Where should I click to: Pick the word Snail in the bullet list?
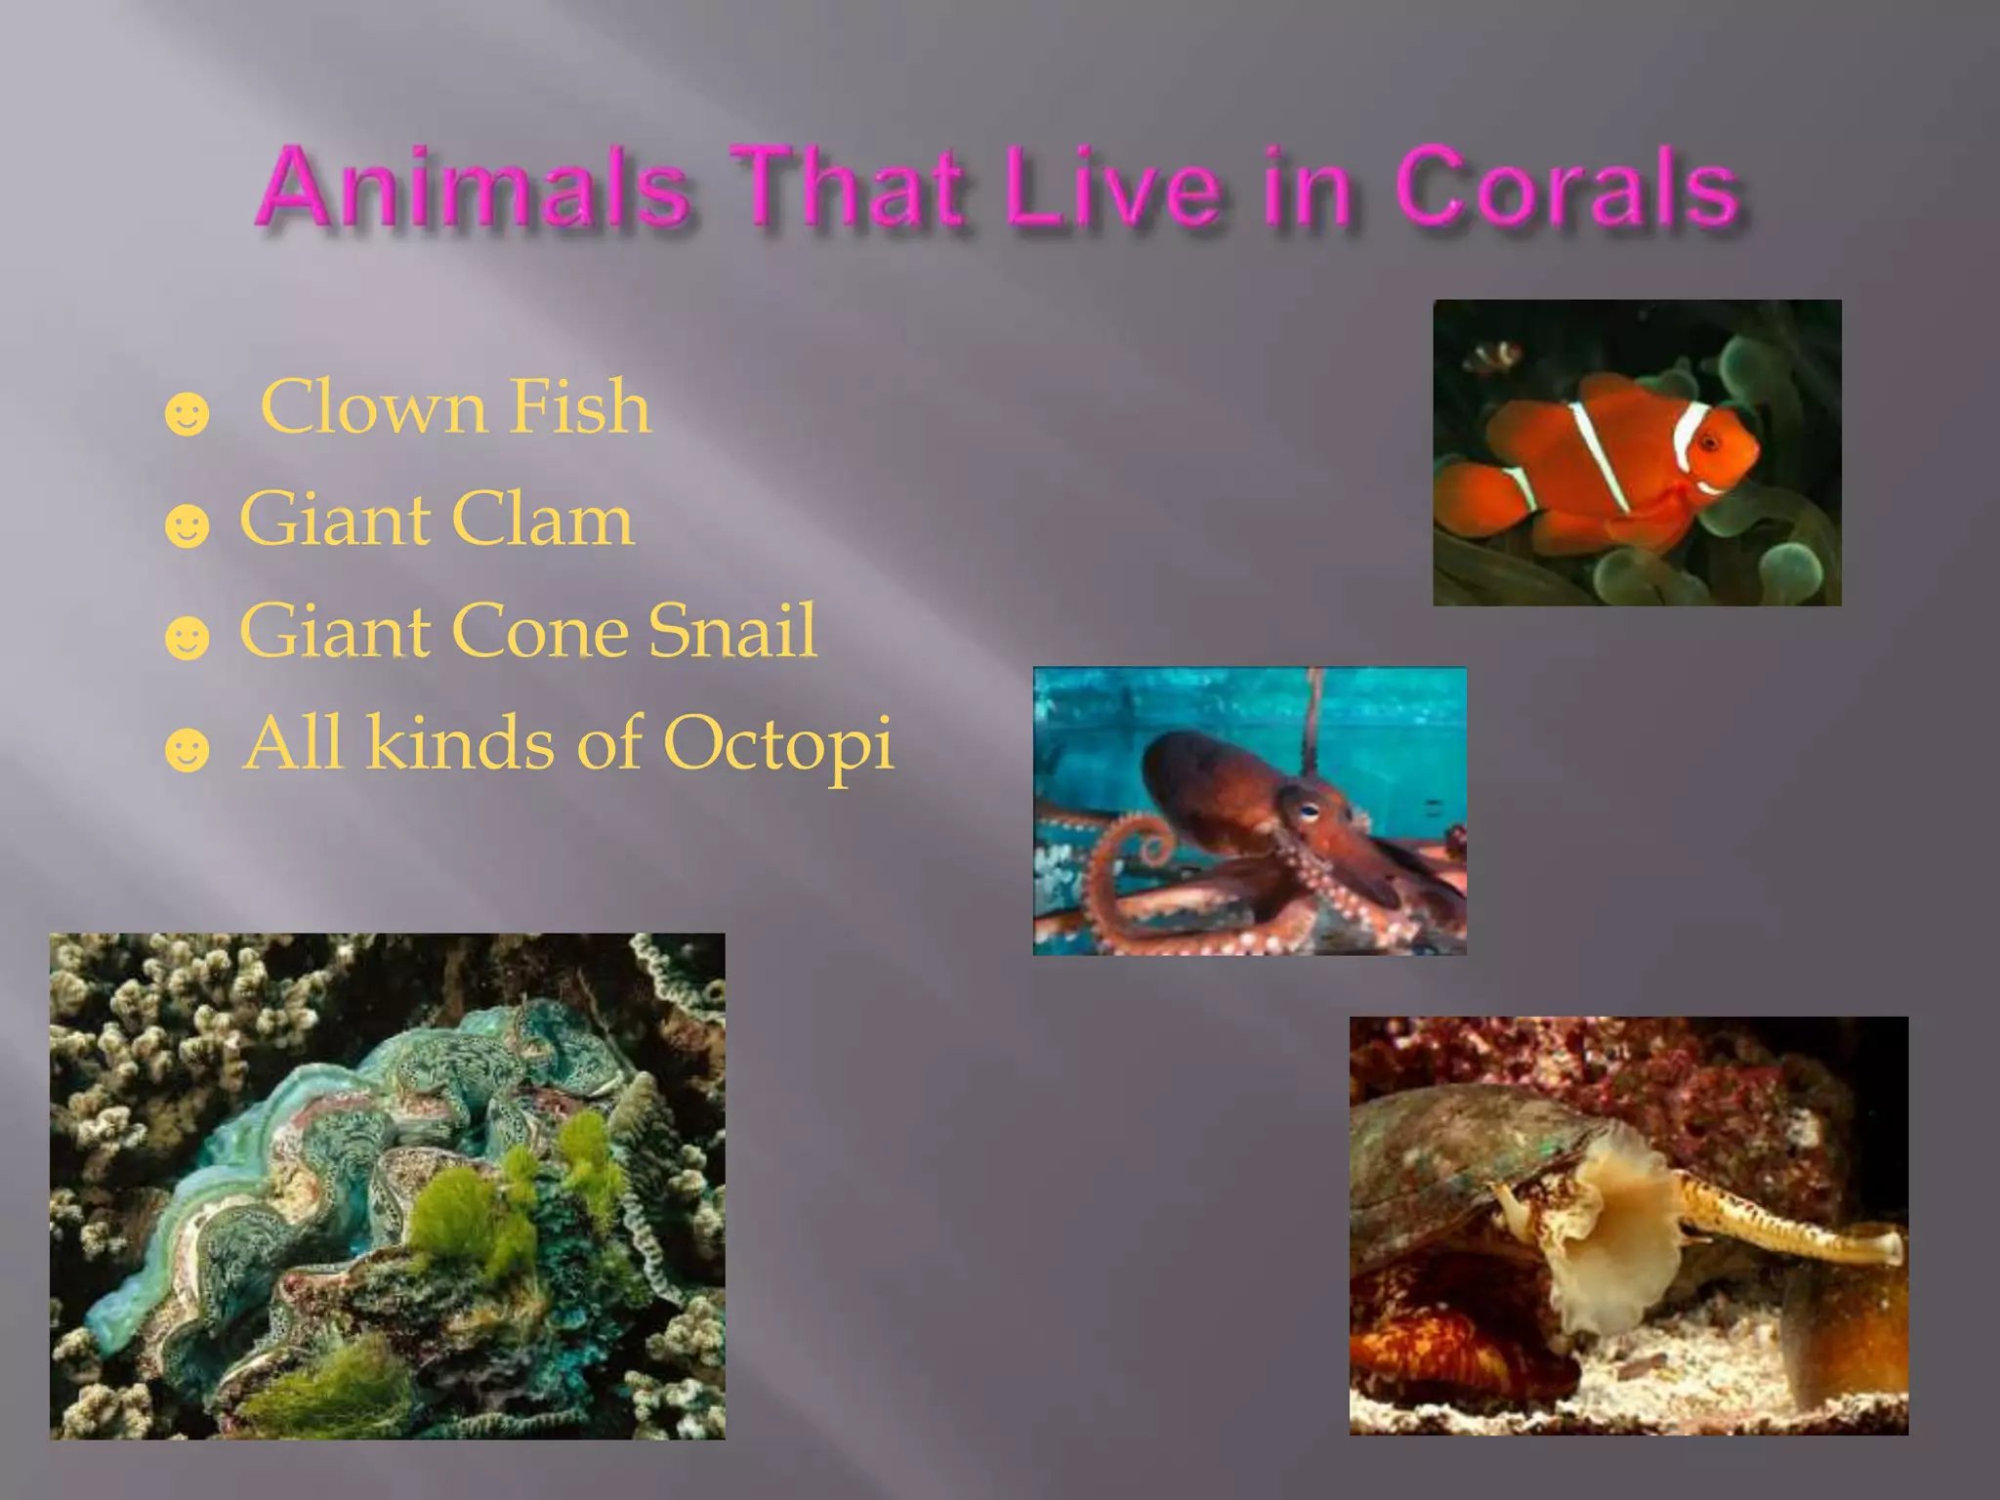(x=731, y=631)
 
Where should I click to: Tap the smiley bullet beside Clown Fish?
(x=187, y=414)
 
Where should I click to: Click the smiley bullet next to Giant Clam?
(x=187, y=526)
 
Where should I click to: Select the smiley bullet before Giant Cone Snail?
(x=187, y=639)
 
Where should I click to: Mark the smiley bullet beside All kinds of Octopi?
(x=187, y=750)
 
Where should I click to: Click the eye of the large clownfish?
(x=1710, y=444)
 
